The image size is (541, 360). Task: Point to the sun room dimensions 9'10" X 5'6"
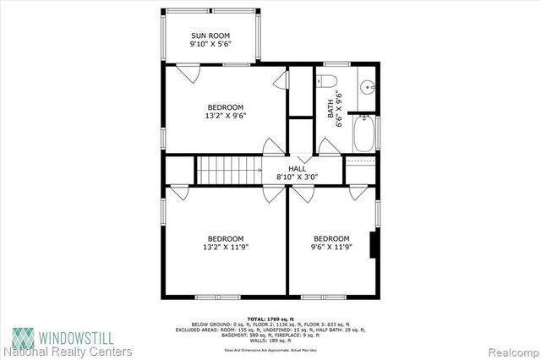(x=210, y=43)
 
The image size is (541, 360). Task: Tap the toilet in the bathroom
(x=325, y=83)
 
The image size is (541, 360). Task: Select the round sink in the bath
(x=366, y=87)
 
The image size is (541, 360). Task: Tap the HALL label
(x=298, y=169)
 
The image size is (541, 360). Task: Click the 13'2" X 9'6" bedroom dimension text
(x=225, y=117)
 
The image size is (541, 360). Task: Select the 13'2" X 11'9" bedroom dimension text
(x=225, y=248)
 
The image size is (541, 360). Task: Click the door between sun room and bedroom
(x=187, y=73)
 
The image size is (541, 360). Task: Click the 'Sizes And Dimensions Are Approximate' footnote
(x=270, y=349)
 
